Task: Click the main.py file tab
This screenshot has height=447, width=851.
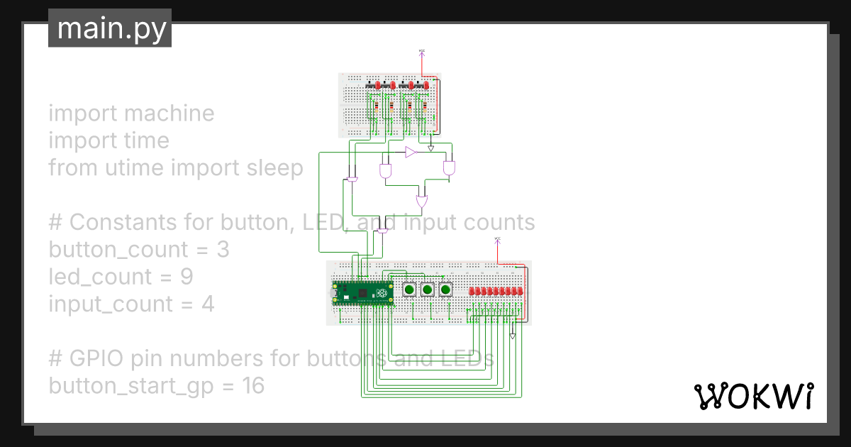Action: [110, 28]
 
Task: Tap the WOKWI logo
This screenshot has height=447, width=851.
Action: [753, 396]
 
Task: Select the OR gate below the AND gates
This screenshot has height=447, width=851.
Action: [422, 202]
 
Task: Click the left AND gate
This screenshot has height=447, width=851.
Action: [386, 171]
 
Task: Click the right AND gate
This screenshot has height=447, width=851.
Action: [450, 168]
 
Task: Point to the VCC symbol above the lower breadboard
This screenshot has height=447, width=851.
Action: [497, 241]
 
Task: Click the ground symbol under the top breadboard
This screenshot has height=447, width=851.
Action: [431, 149]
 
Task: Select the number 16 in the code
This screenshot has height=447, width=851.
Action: [252, 386]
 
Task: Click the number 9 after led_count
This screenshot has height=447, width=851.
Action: [187, 277]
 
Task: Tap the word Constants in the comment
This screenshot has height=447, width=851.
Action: [118, 222]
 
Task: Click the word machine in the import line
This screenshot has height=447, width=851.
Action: [172, 114]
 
